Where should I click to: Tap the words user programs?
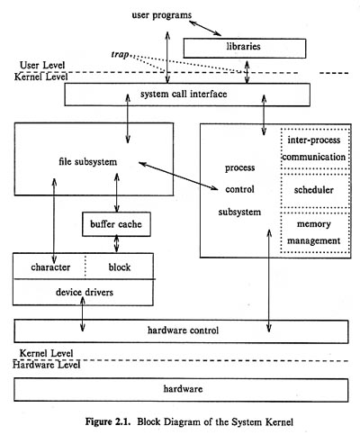tap(162, 15)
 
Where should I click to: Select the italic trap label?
tap(120, 54)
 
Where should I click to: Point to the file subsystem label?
tap(88, 161)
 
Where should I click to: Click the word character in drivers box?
tap(50, 267)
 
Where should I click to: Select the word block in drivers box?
tap(120, 267)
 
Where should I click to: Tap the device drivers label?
tap(85, 292)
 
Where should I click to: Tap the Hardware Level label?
tap(47, 365)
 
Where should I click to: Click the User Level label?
tap(42, 65)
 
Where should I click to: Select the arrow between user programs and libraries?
tap(205, 28)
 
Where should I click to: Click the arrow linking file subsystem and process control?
tap(178, 177)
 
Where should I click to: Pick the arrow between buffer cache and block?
tap(117, 243)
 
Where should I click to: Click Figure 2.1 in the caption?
tap(108, 421)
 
